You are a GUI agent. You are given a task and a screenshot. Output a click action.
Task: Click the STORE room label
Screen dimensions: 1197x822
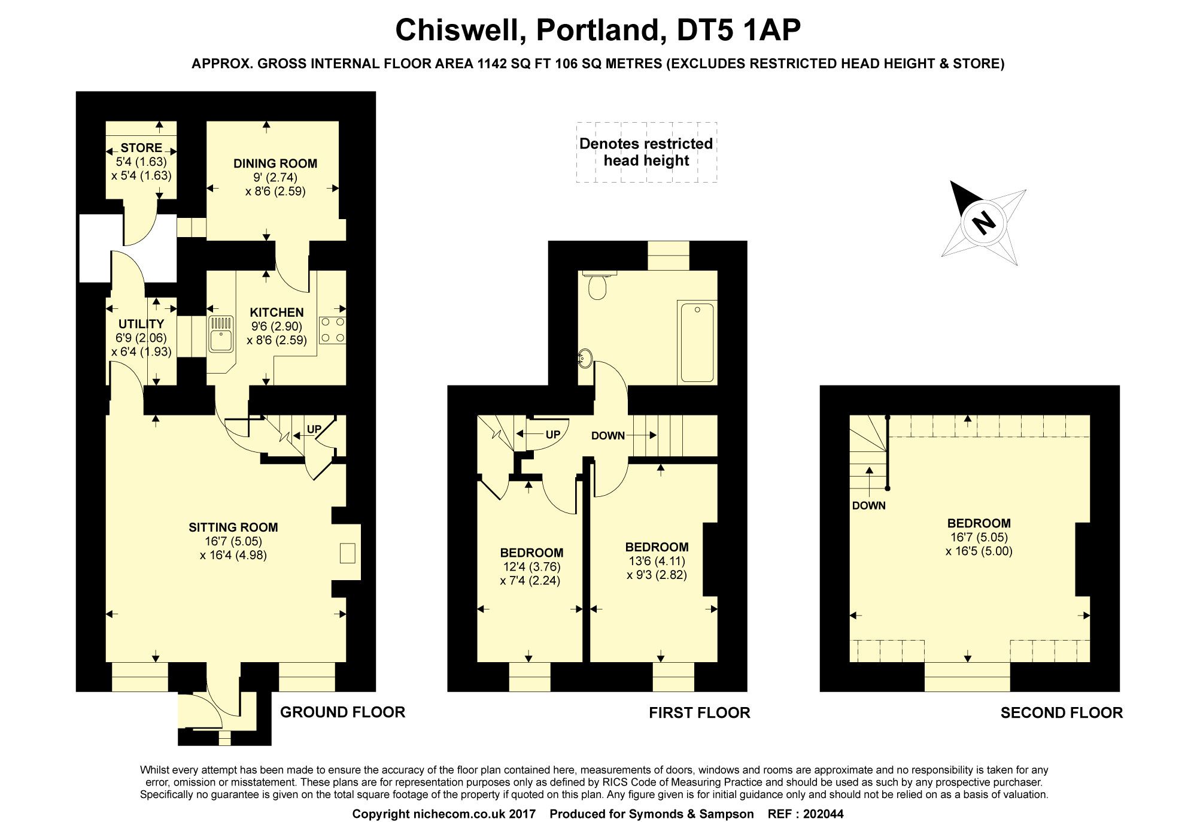point(141,147)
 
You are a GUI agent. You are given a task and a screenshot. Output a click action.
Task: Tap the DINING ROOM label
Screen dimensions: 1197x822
point(275,163)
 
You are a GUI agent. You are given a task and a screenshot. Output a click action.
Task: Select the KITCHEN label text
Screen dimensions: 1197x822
point(277,312)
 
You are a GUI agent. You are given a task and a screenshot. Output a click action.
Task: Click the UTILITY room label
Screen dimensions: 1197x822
point(141,324)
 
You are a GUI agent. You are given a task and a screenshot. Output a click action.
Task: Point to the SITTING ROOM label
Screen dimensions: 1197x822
point(233,527)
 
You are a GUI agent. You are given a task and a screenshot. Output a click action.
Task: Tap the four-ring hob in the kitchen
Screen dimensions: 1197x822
point(333,330)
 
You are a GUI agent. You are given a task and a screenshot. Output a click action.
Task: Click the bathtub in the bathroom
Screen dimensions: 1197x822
point(697,342)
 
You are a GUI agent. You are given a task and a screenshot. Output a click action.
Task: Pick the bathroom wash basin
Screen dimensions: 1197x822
point(585,359)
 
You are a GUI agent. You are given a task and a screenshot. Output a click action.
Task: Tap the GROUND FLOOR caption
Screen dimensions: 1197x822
point(343,712)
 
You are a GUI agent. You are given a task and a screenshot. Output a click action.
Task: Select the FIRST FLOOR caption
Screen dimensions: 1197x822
point(700,712)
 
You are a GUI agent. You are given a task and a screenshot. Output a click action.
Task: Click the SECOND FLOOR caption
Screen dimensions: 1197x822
point(1062,712)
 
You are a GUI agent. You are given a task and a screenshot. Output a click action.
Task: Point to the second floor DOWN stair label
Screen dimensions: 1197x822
point(869,505)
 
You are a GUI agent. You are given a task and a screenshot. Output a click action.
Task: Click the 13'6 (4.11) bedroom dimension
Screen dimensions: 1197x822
point(657,561)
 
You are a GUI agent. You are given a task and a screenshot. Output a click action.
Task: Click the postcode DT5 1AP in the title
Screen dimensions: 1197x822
point(739,30)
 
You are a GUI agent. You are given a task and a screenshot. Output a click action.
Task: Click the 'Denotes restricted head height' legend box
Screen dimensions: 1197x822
point(646,152)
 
